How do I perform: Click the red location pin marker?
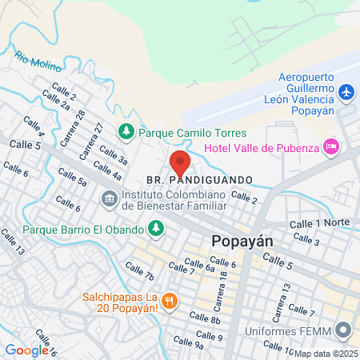point(180,163)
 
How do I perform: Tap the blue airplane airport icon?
point(346,93)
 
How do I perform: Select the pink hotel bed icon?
point(330,146)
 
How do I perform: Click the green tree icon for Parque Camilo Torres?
point(126,130)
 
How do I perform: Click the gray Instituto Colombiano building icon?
point(107,197)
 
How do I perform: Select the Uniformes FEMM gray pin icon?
point(343,329)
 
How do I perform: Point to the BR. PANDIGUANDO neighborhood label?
point(200,179)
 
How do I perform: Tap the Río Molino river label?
point(33,61)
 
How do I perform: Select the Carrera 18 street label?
point(223,290)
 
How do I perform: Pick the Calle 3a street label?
point(111,155)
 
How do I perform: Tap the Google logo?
point(26,350)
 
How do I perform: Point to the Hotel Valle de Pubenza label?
point(261,146)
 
